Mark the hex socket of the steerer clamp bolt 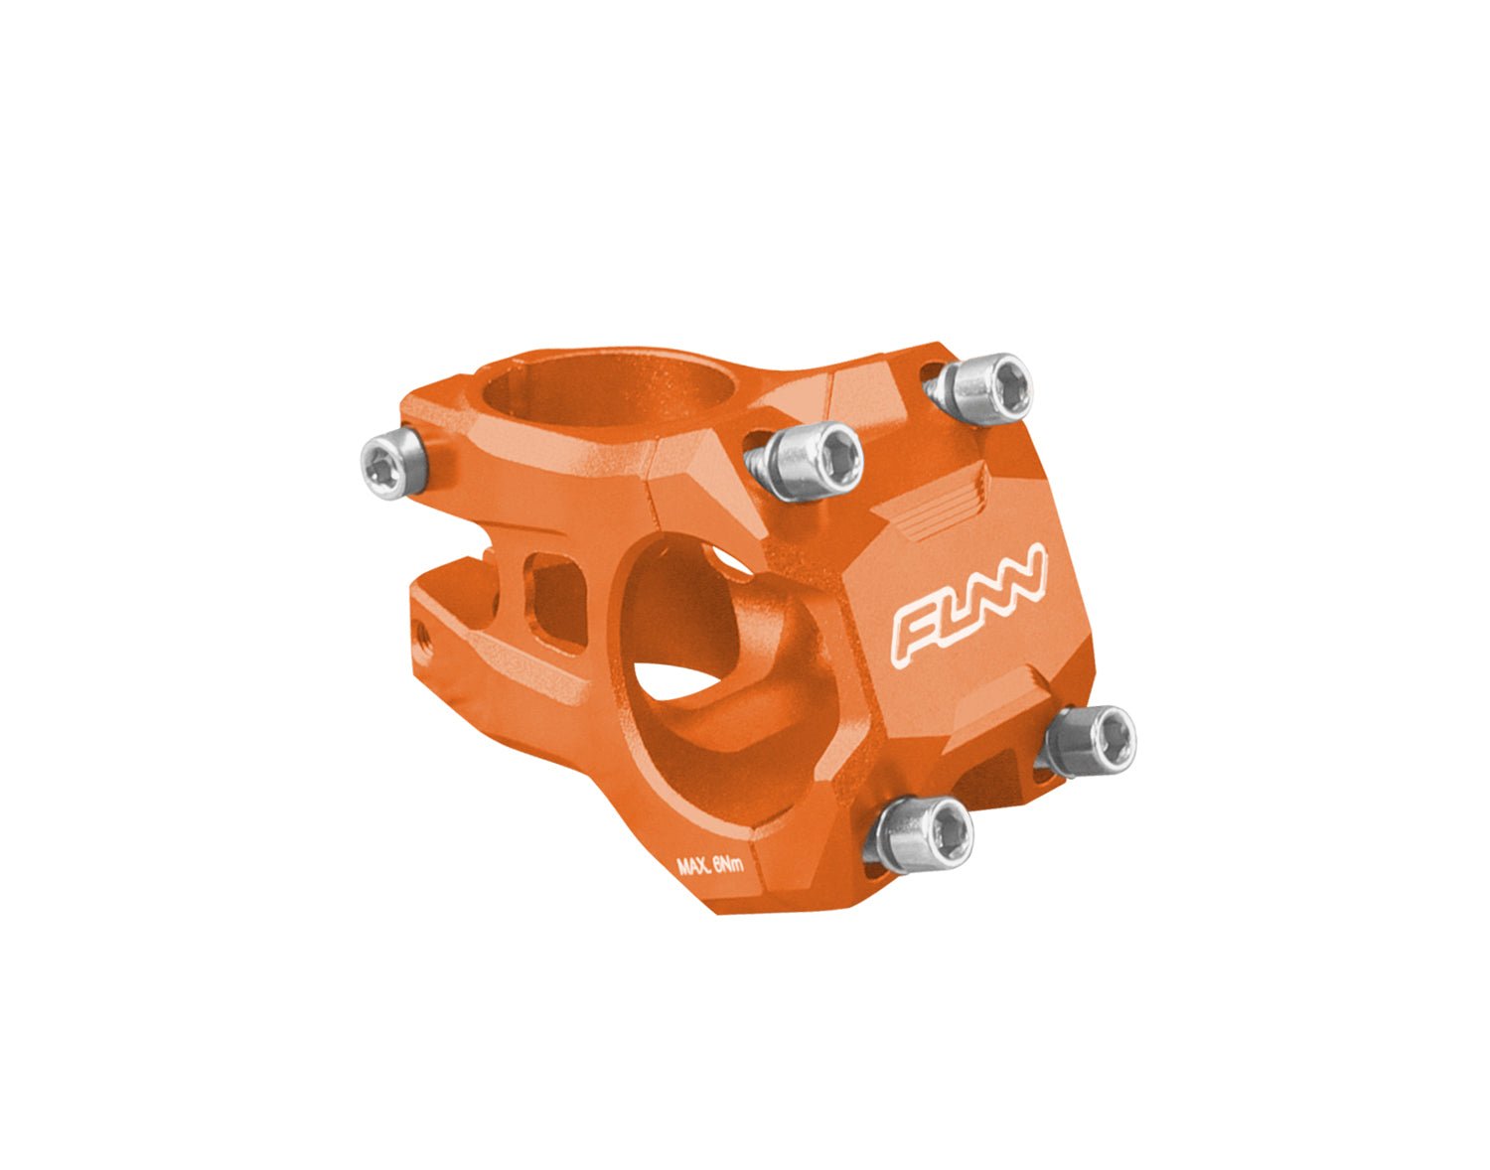tap(381, 464)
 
